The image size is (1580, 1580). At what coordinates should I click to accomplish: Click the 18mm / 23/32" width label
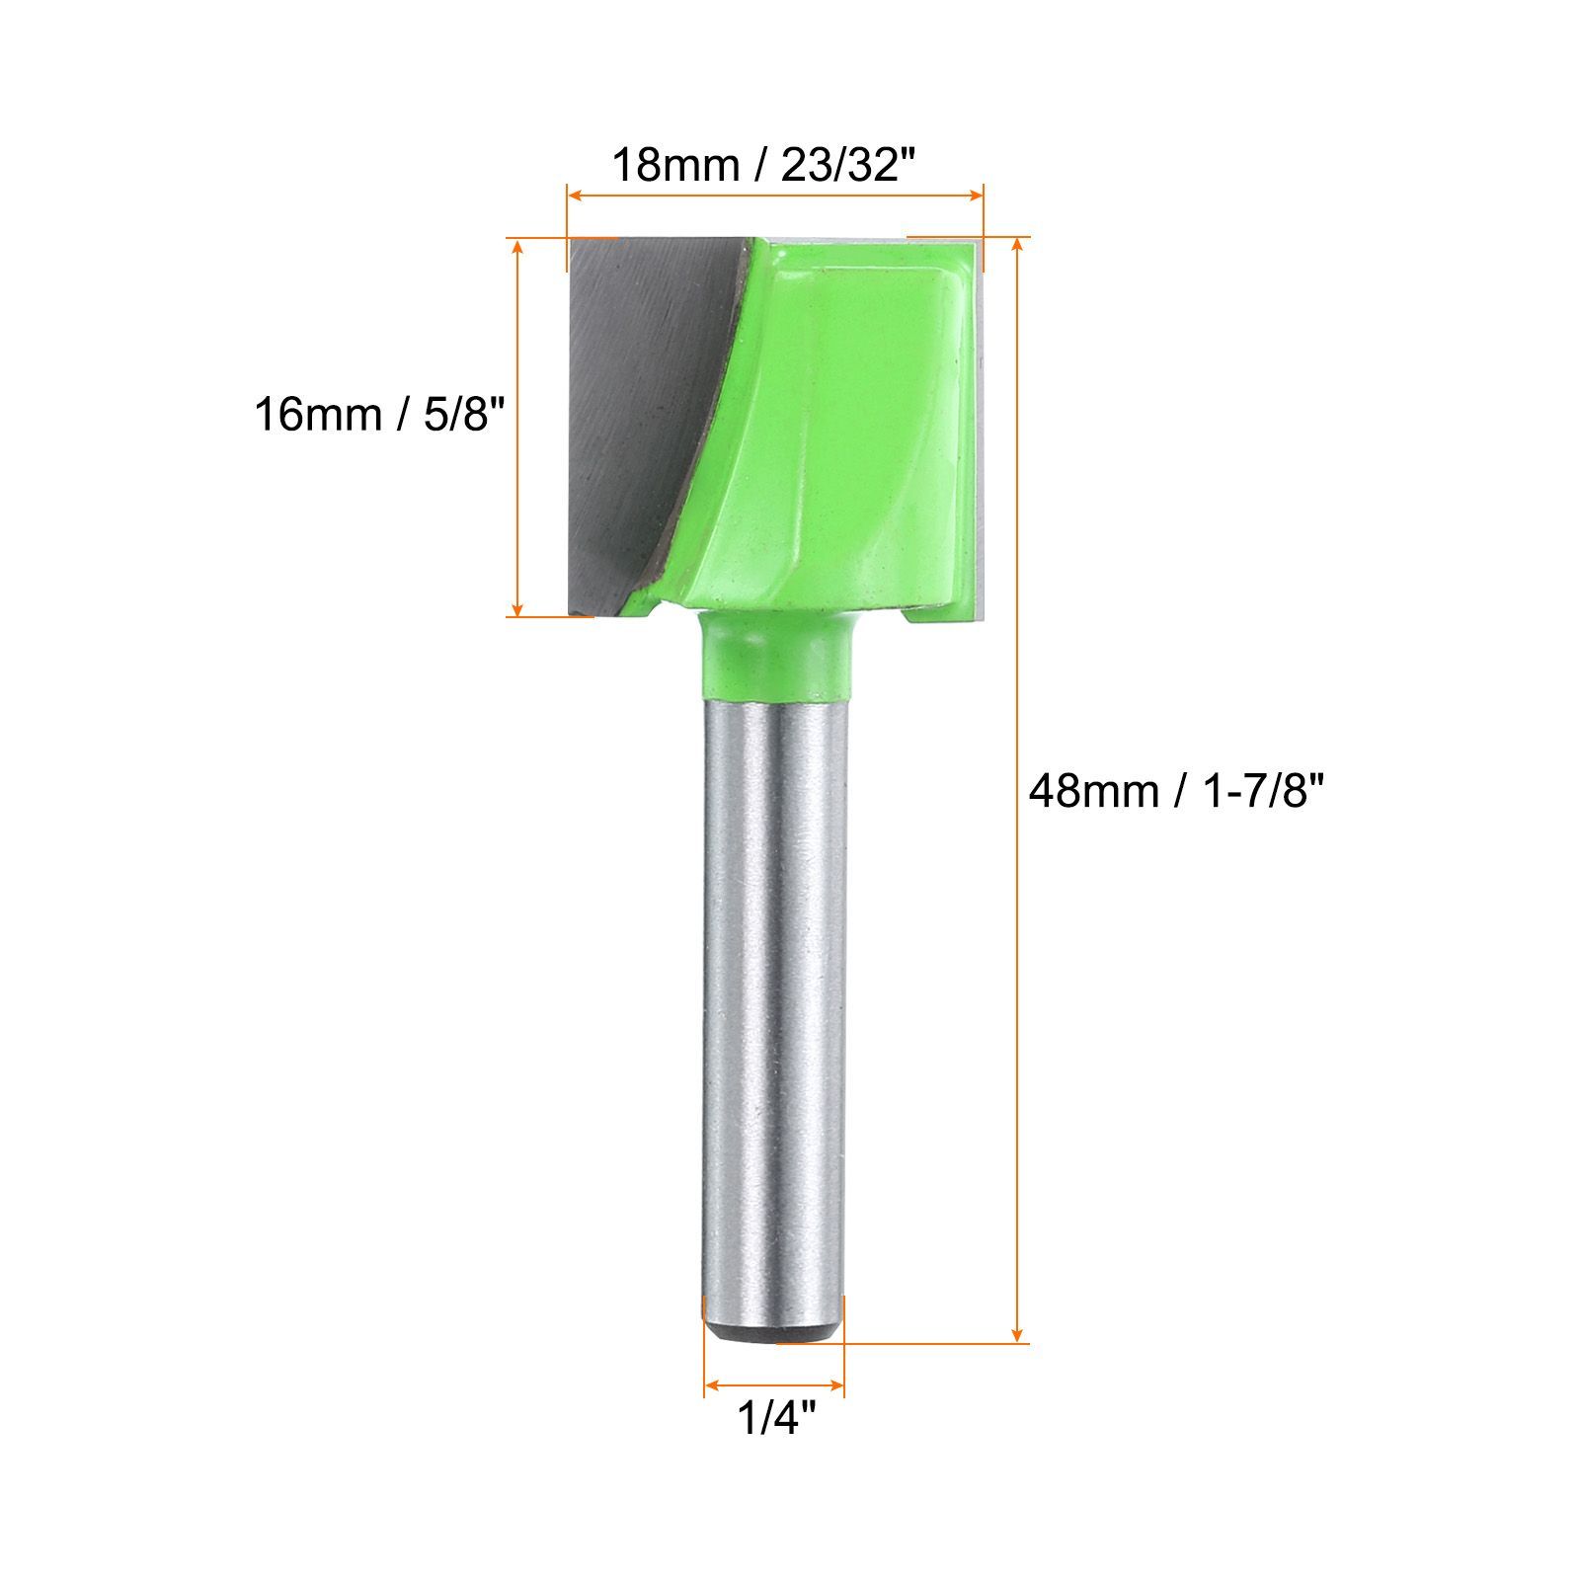pos(758,164)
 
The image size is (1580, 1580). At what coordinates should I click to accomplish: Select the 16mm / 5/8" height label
pos(380,413)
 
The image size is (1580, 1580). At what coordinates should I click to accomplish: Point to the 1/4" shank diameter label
pos(777,1419)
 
